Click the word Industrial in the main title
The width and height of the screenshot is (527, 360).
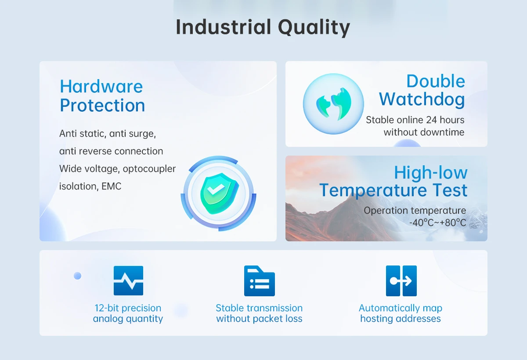pos(224,27)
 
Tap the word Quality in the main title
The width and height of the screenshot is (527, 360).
pos(314,28)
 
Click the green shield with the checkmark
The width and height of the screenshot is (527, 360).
pos(219,193)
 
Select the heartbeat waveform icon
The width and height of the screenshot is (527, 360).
pos(128,280)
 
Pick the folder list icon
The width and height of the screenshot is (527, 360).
pos(260,280)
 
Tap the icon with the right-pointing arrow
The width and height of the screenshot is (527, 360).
pos(401,280)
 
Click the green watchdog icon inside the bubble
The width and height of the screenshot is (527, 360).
pos(334,104)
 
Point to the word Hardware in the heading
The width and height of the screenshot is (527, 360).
pos(101,87)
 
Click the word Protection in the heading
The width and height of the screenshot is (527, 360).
pos(102,105)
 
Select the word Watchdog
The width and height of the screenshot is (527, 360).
pos(422,100)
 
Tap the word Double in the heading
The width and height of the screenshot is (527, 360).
pos(436,81)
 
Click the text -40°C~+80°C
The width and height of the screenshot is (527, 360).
pos(437,222)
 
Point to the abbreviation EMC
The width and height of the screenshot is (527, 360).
pos(111,186)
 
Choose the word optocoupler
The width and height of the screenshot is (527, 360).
pos(149,169)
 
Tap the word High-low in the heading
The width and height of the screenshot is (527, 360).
pos(431,173)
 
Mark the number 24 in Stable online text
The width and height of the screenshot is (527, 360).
pos(431,120)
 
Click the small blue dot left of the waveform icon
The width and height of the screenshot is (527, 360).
pos(77,276)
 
